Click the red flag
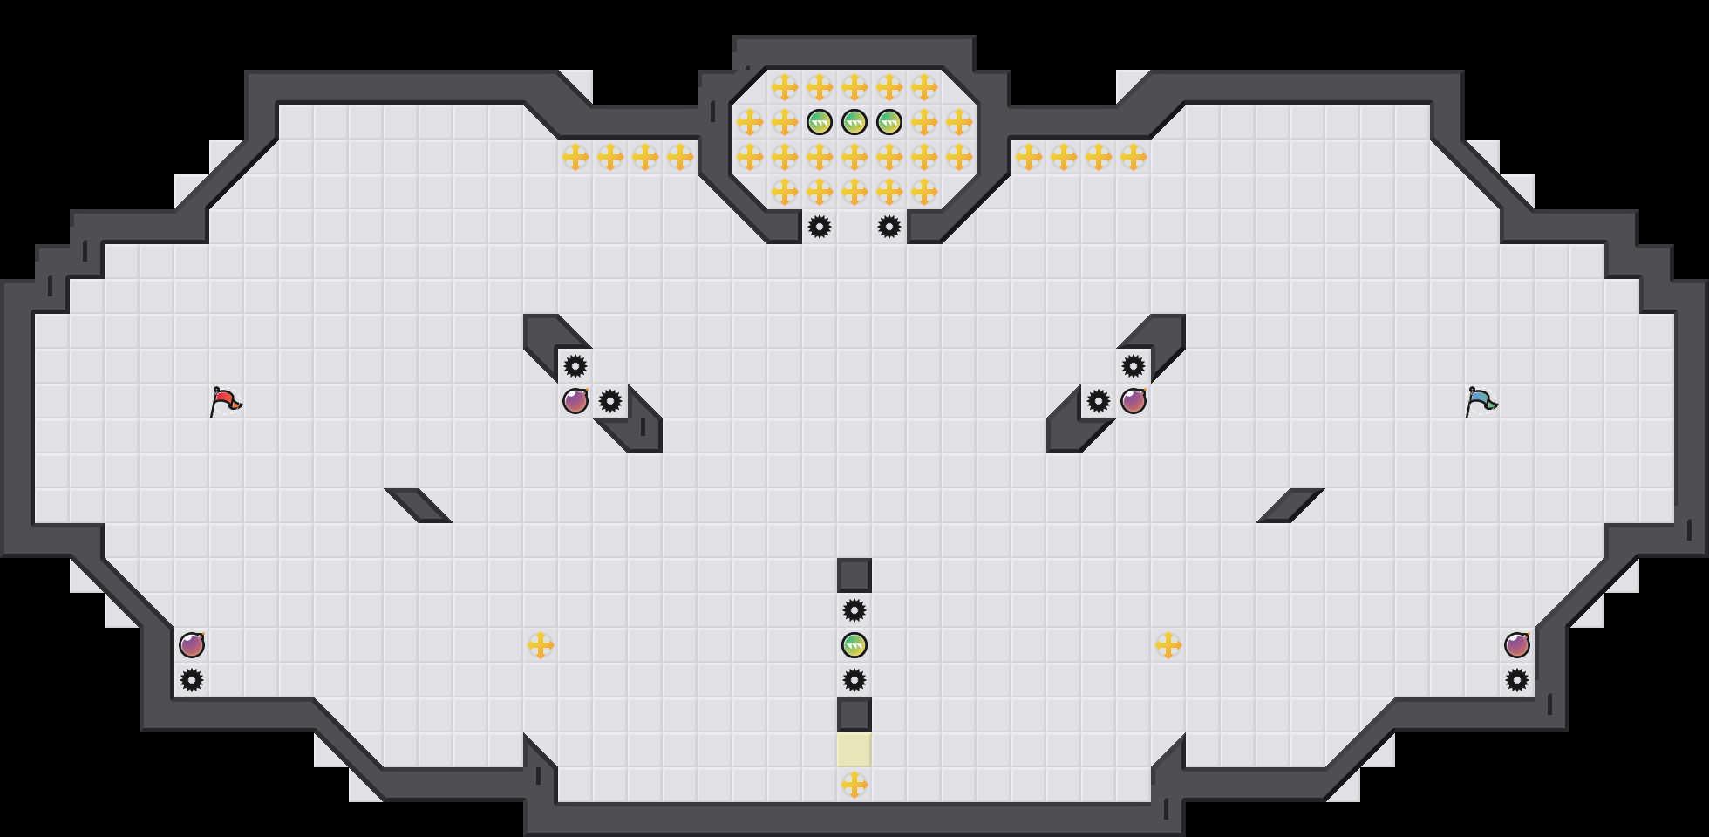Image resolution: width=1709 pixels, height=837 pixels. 225,401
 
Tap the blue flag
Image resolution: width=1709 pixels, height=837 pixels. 1481,401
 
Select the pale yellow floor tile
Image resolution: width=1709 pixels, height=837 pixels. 854,750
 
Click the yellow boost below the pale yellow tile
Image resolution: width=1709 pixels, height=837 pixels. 854,785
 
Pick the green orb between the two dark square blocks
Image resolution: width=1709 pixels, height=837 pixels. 854,645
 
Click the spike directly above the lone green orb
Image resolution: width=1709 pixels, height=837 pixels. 854,610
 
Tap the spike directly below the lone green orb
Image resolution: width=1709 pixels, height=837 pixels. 854,680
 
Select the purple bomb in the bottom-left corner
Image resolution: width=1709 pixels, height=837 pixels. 192,645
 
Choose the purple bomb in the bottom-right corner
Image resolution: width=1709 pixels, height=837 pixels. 1517,645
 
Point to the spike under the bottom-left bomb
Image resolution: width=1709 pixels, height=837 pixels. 192,680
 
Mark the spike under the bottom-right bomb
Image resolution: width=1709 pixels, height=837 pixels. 1517,680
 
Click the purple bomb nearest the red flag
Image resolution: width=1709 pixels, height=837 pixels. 575,401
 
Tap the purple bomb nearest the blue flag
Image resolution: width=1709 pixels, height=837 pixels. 1134,401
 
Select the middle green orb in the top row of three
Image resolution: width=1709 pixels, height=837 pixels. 854,122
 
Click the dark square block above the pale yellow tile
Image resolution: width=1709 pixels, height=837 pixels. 854,715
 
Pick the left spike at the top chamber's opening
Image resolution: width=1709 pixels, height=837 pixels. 820,227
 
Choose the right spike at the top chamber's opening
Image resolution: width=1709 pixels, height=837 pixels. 889,227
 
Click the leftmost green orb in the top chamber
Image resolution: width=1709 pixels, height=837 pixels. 820,122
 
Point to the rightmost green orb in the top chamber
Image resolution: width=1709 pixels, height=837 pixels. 889,122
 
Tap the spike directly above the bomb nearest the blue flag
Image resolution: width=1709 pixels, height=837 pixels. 1134,366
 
